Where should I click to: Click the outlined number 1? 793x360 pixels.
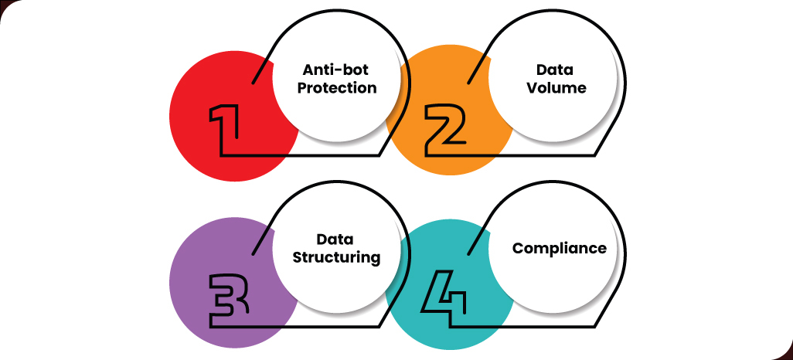(225, 124)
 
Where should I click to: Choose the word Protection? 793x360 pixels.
(337, 88)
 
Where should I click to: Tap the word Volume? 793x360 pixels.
(556, 88)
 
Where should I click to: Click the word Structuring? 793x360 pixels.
(337, 257)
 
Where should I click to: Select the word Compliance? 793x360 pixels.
(560, 249)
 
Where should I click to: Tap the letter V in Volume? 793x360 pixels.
(533, 88)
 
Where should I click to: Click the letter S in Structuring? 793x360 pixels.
(300, 257)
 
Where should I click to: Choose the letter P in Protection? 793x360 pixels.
(302, 88)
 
